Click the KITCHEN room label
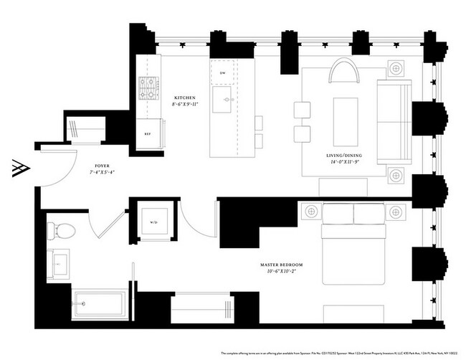tap(185, 97)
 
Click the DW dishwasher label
tap(223, 74)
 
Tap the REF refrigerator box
tap(148, 133)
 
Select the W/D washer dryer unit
tap(154, 221)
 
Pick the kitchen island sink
tap(225, 100)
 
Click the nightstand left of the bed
tap(310, 211)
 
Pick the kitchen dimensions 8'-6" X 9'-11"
tap(185, 105)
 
